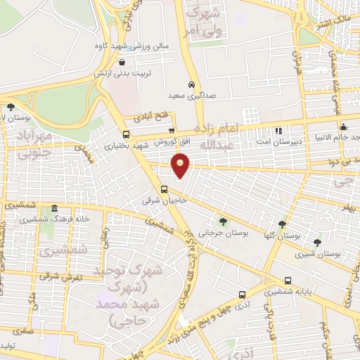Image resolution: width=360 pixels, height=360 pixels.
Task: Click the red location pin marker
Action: [x=181, y=166]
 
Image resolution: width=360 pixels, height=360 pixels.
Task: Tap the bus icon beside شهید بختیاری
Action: [x=126, y=134]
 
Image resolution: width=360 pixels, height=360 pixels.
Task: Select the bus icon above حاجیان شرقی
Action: [x=164, y=189]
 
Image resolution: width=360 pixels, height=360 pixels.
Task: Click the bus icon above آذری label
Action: [x=242, y=295]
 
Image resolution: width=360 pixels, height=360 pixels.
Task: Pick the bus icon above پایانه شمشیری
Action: [x=267, y=278]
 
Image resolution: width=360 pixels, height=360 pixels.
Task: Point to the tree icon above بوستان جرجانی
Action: [x=223, y=221]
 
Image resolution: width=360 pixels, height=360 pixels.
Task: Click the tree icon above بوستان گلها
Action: [x=282, y=224]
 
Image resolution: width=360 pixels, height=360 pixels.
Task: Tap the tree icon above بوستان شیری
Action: [x=318, y=242]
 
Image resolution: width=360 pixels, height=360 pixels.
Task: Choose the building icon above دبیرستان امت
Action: [x=278, y=130]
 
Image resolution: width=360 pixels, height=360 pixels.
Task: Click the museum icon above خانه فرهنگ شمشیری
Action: [x=53, y=209]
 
